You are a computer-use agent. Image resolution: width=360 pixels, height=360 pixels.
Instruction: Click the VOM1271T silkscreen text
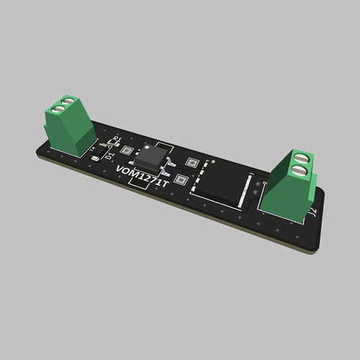click(x=143, y=177)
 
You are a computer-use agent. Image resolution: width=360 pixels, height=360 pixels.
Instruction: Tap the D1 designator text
click(x=109, y=153)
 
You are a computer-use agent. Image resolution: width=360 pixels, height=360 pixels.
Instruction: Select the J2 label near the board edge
click(x=312, y=212)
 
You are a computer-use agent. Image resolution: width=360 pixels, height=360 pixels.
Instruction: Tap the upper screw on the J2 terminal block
click(x=302, y=156)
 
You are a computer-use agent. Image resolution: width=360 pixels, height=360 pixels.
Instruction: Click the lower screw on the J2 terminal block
click(x=298, y=170)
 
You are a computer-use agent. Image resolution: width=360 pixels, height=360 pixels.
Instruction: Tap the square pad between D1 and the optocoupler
click(x=127, y=150)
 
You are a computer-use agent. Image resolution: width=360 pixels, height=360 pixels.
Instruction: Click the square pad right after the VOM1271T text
click(x=181, y=180)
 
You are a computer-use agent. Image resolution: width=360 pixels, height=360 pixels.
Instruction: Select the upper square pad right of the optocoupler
click(x=192, y=163)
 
